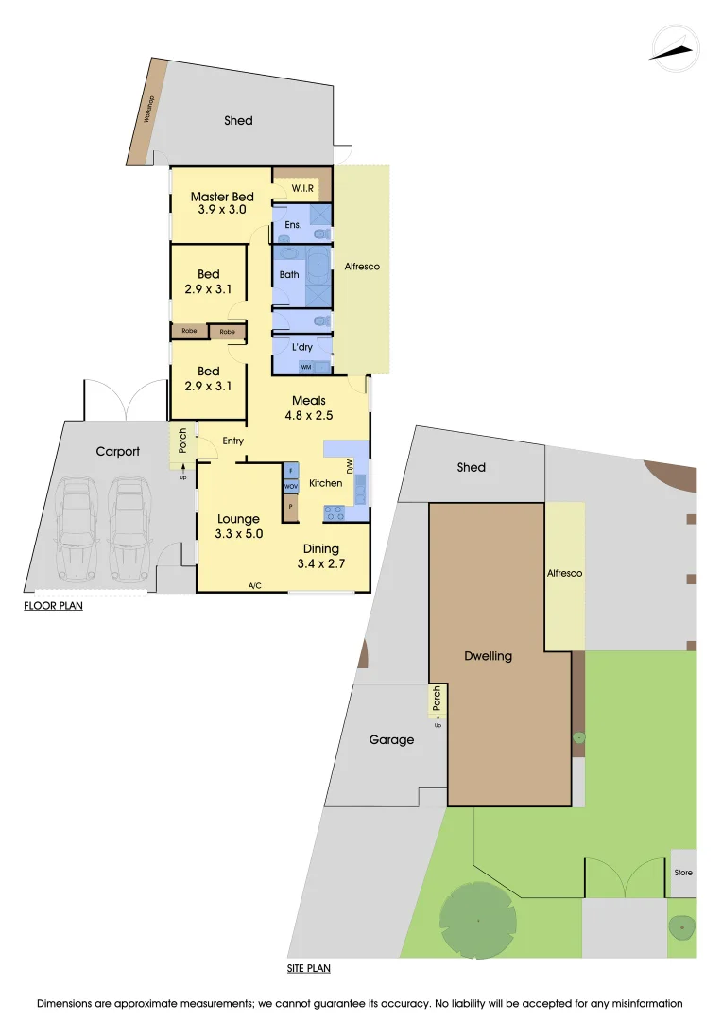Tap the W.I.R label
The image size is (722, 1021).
click(302, 188)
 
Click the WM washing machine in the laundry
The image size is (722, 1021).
click(305, 367)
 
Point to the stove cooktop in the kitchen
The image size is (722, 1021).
click(335, 512)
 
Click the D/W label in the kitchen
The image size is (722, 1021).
click(349, 465)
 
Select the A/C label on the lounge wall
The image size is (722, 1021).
click(254, 586)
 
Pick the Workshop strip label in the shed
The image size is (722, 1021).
click(148, 112)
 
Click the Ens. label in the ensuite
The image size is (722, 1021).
click(293, 225)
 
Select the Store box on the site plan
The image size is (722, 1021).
click(683, 873)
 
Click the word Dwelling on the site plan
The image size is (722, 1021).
click(488, 656)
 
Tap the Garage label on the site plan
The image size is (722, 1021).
click(391, 739)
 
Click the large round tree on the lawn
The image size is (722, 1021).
click(478, 919)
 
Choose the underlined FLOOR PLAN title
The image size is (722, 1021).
click(53, 605)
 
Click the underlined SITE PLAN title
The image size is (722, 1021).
click(309, 968)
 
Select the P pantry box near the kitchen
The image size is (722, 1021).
click(291, 508)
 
